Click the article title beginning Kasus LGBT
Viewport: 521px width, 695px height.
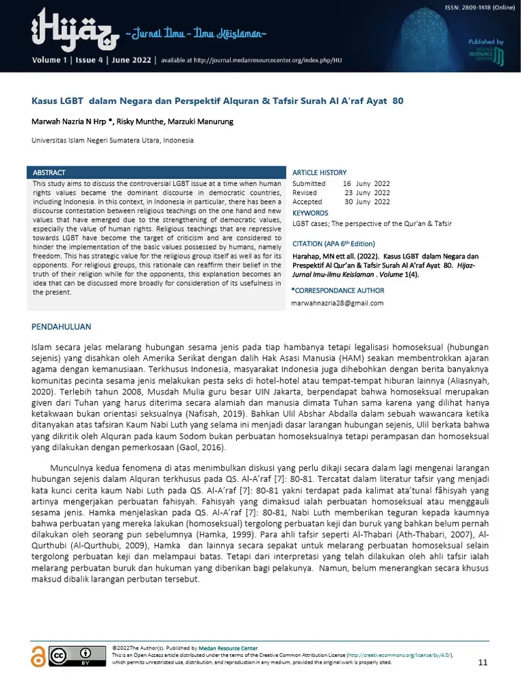point(218,100)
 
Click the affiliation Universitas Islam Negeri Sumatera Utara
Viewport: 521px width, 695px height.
point(113,140)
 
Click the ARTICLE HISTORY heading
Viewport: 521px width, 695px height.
point(319,172)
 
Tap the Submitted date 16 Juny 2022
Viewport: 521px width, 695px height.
point(366,183)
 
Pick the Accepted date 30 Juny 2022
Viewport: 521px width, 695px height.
point(367,202)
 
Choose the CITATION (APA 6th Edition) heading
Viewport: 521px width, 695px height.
point(333,244)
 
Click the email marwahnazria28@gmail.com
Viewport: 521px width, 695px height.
point(337,303)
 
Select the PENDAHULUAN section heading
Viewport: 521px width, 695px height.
point(61,327)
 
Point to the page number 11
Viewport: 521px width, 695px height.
point(483,662)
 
